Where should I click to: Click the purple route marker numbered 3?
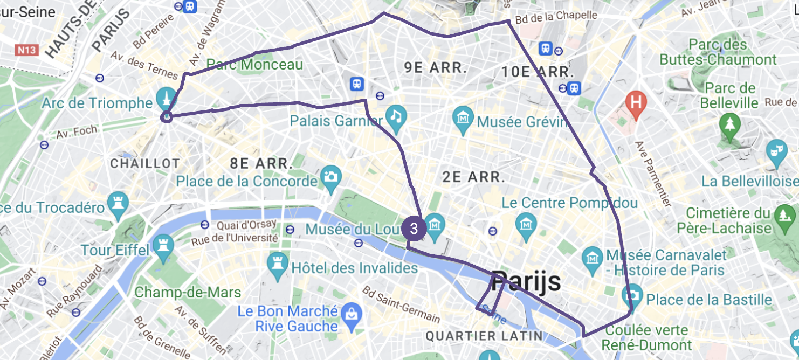[x=414, y=228]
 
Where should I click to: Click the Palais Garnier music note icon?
[x=396, y=115]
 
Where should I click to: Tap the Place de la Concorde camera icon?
[x=330, y=176]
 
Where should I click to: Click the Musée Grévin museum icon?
[x=464, y=116]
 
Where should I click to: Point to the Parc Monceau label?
[x=254, y=65]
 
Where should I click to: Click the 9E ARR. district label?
[x=435, y=67]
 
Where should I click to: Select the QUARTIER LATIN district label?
[x=484, y=336]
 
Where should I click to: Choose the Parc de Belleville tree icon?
[x=730, y=122]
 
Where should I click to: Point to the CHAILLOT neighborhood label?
[x=145, y=163]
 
